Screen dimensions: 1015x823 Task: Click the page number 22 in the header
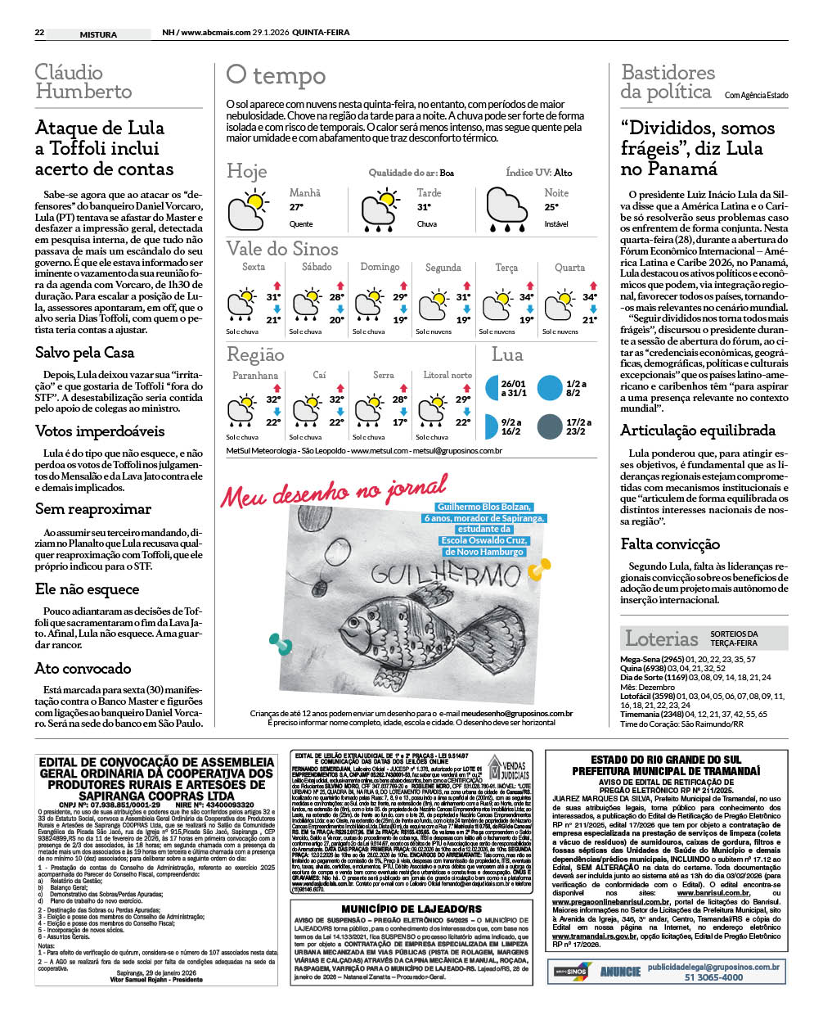point(39,33)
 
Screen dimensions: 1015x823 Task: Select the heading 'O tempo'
point(276,75)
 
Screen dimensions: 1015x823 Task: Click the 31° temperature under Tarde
point(424,208)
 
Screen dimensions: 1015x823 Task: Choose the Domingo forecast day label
point(380,267)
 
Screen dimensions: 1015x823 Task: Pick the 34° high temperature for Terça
point(526,297)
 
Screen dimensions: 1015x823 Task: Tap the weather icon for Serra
point(368,408)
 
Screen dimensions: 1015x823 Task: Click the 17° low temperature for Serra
point(399,422)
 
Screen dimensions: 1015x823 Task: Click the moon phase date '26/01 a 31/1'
point(513,388)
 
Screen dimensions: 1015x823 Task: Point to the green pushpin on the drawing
point(282,647)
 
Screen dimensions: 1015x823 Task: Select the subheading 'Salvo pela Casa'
point(84,352)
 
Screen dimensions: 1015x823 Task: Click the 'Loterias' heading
point(661,638)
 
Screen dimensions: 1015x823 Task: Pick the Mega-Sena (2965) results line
point(688,659)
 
